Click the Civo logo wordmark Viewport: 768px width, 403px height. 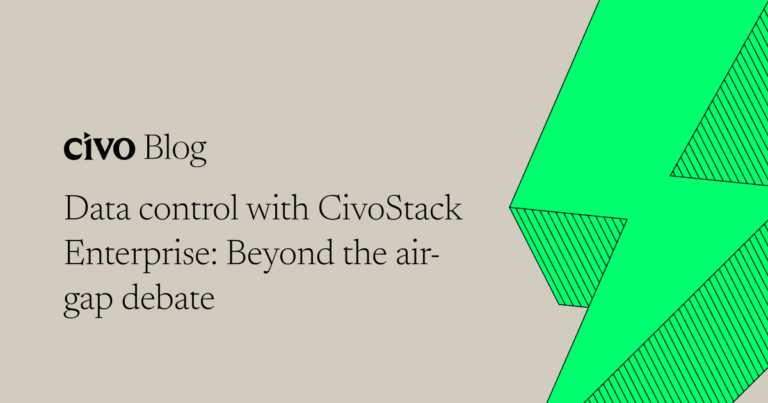coord(99,148)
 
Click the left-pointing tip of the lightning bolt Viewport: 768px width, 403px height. coord(512,207)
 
